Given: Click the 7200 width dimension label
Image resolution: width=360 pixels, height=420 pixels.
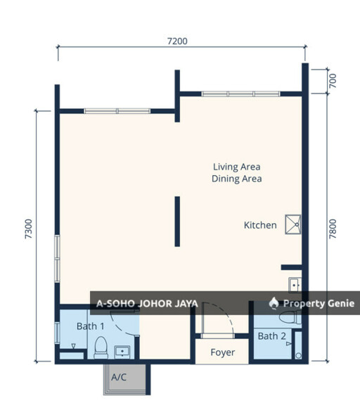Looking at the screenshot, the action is point(177,42).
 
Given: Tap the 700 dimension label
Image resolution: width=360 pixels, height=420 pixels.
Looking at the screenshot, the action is point(333,81).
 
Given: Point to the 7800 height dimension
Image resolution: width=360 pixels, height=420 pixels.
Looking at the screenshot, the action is point(333,229).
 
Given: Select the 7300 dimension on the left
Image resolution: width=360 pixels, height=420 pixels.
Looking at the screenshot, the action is point(28,229).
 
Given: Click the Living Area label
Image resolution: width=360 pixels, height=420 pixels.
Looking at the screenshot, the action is point(237,167).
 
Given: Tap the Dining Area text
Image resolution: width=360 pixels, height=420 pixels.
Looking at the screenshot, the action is point(237,179).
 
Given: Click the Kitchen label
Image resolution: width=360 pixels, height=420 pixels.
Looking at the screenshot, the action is point(260,225).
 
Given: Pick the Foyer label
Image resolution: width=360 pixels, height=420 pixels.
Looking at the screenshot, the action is point(223,352).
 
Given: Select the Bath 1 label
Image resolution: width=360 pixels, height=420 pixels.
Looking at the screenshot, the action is point(91,326).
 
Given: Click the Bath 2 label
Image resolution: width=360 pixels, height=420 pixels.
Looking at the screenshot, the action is point(272,336).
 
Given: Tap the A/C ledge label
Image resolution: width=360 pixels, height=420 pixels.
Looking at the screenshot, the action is point(119,377).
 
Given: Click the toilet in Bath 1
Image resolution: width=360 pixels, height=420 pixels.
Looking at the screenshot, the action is point(101,348).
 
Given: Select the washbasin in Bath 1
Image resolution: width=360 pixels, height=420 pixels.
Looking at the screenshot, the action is point(122,352).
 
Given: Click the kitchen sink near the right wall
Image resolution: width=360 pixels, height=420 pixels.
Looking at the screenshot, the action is point(295,285).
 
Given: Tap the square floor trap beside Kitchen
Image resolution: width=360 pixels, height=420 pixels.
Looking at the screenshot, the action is point(293,224).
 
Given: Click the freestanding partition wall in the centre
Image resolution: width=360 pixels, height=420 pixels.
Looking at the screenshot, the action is point(177,222).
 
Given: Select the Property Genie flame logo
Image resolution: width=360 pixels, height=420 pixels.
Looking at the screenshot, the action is point(274,303).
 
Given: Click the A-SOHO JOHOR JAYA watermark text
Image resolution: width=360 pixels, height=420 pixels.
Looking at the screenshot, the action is point(147,303).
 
